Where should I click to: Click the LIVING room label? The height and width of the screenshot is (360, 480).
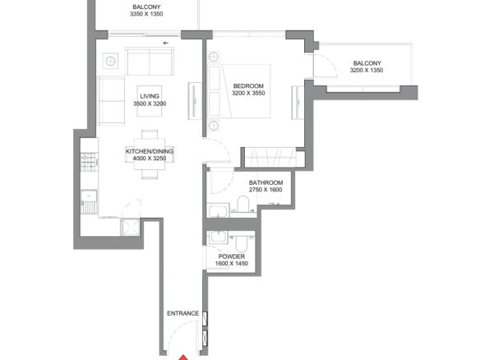(150, 96)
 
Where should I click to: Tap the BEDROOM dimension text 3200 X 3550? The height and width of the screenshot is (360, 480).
(248, 93)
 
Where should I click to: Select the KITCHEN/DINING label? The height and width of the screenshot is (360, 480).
(150, 151)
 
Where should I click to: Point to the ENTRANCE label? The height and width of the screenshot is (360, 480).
(182, 313)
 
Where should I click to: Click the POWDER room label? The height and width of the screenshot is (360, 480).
(232, 256)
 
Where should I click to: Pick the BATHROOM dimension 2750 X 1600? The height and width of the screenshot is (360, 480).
(265, 190)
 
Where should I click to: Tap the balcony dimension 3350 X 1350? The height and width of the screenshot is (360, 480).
(146, 14)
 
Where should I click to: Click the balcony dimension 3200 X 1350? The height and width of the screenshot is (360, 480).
(367, 70)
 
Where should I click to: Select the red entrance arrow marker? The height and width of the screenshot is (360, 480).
(183, 358)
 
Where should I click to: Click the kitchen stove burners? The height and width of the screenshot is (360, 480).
(89, 162)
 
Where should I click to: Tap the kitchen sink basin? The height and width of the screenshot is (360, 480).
(89, 196)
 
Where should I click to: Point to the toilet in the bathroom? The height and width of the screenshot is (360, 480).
(243, 204)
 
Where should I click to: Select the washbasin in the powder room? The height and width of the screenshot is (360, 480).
(219, 238)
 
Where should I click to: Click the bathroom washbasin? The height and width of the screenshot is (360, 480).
(218, 210)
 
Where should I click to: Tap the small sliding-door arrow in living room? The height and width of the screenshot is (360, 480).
(165, 44)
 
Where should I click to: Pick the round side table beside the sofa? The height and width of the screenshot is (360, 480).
(110, 61)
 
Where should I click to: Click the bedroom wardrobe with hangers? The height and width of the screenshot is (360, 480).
(270, 157)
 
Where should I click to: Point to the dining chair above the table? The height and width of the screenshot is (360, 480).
(150, 134)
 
